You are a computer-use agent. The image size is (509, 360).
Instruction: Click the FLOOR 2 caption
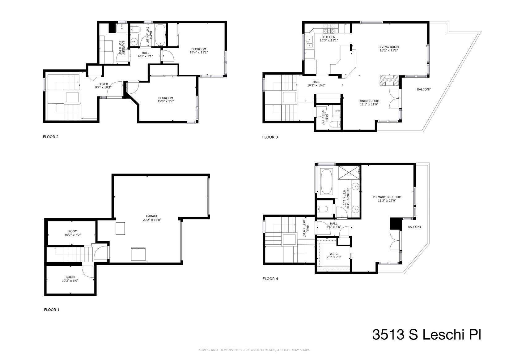pos(51,137)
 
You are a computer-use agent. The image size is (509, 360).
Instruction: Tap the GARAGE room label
pos(152,216)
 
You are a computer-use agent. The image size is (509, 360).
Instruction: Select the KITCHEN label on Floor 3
pos(329,37)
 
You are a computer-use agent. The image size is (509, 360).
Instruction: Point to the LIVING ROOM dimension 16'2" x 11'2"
pos(388,50)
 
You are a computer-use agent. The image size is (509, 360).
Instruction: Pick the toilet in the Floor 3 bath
pos(335,124)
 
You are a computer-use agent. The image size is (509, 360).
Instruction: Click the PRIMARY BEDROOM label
pos(387,197)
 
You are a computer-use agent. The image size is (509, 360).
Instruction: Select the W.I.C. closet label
pos(334,254)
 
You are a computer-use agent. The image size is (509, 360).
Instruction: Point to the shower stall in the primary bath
pos(349,172)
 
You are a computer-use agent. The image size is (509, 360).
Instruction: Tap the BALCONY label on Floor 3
pos(424,89)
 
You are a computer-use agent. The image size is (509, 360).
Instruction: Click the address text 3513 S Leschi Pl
pos(427,335)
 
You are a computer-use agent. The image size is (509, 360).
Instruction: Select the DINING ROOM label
pos(369,101)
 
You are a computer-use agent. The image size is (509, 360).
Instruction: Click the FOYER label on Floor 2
pos(103,84)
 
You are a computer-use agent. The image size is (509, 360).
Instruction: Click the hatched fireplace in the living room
pos(389,80)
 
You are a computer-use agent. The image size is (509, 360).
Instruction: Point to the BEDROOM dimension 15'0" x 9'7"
pos(166,101)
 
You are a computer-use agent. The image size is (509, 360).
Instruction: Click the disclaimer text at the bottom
pos(255,350)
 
